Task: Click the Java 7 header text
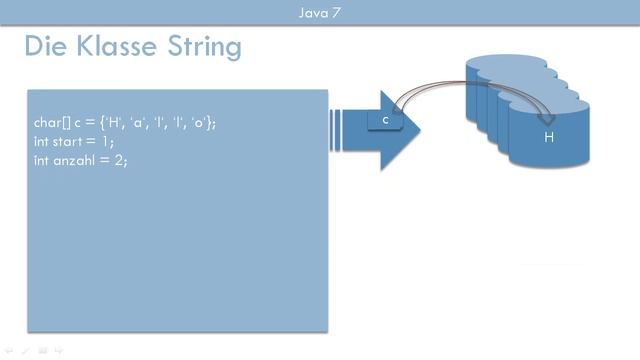click(320, 12)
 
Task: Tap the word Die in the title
click(45, 46)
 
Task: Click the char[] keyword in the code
click(50, 122)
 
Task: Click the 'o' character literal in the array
click(200, 122)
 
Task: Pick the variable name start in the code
click(66, 141)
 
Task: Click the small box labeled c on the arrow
click(385, 121)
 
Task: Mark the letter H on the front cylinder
click(548, 138)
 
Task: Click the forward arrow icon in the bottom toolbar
click(59, 351)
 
